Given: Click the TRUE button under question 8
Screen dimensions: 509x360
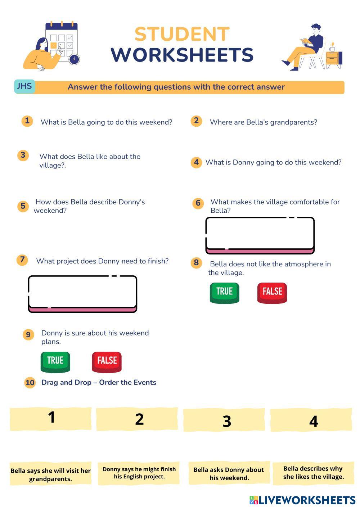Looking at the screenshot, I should coord(224,292).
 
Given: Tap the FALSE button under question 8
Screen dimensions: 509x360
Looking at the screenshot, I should coord(272,292).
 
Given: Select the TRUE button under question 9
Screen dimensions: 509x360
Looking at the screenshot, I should coord(55,361).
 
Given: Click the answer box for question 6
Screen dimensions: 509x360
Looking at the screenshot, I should coord(260,234).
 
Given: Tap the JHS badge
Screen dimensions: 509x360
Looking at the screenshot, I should coord(24,86).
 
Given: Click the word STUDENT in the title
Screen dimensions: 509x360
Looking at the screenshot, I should coord(182,35).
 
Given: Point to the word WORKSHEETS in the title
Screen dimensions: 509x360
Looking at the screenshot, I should coord(182,55).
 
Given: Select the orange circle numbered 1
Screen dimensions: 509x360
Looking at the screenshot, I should coord(27,121).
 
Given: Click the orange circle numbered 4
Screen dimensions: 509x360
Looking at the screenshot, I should coord(196,162).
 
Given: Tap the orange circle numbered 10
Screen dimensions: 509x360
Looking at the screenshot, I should coord(30,382).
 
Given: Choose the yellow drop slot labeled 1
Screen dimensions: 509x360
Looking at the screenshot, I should coord(51,419).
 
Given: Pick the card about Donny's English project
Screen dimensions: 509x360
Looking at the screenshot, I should coord(139,473).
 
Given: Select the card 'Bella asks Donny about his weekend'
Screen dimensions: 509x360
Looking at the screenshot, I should coord(229,473).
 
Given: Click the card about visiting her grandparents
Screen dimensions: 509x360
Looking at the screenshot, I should coord(51,474).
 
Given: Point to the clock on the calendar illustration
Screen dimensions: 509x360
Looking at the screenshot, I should coord(74,59).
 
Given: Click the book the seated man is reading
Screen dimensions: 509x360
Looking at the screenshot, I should coord(305,41).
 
